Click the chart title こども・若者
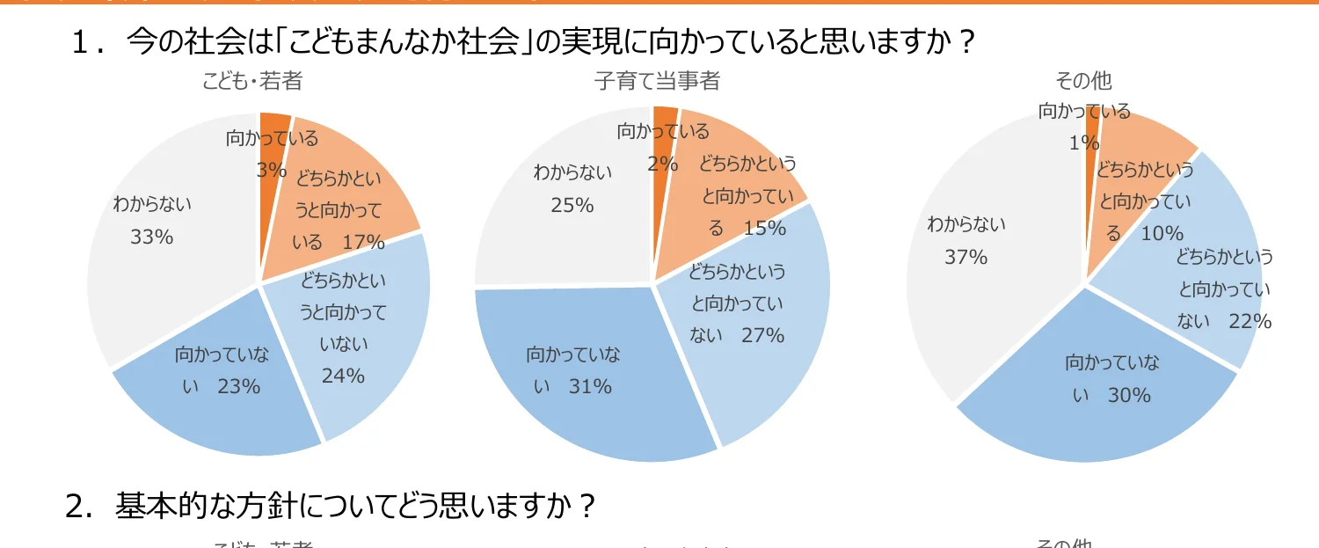pos(252,82)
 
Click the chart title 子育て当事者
pos(657,82)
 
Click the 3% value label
pos(272,170)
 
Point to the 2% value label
pos(663,164)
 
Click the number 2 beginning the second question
pos(77,507)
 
